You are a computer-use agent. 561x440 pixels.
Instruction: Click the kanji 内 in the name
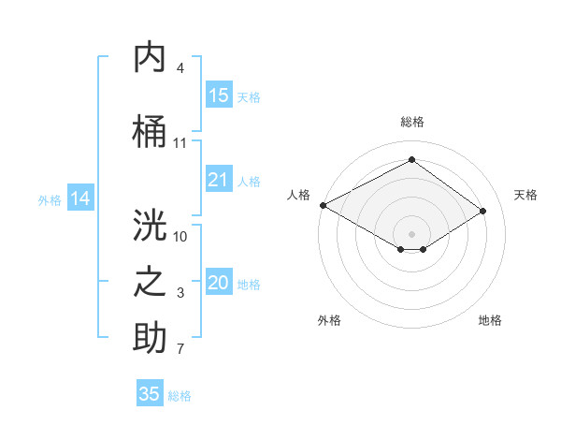pos(151,58)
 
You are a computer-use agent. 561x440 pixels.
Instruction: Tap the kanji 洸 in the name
pos(151,225)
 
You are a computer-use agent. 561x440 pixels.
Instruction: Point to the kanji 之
pos(151,283)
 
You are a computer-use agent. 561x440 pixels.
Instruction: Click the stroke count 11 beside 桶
pos(180,143)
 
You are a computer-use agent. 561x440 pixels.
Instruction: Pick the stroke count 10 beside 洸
pos(180,236)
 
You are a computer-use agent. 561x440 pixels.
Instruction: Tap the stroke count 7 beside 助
pos(180,350)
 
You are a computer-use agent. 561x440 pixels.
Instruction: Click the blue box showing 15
pos(218,95)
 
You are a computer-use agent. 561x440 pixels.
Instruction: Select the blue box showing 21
pos(218,180)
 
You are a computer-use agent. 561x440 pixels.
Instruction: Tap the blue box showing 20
pos(218,283)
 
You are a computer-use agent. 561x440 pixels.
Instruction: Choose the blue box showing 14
pos(80,198)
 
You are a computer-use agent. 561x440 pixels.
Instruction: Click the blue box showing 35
pos(150,394)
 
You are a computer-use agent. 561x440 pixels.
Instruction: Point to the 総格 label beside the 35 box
pos(180,396)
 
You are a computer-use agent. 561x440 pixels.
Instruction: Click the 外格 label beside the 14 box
pos(50,199)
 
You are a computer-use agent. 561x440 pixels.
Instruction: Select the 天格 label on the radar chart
pos(525,195)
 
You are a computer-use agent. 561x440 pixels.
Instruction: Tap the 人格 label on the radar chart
pos(298,195)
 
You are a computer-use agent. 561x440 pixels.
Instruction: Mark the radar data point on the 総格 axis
pos(411,159)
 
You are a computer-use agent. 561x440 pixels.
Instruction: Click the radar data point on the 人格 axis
pos(323,205)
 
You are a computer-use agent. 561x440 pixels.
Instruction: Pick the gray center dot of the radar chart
pos(411,232)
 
